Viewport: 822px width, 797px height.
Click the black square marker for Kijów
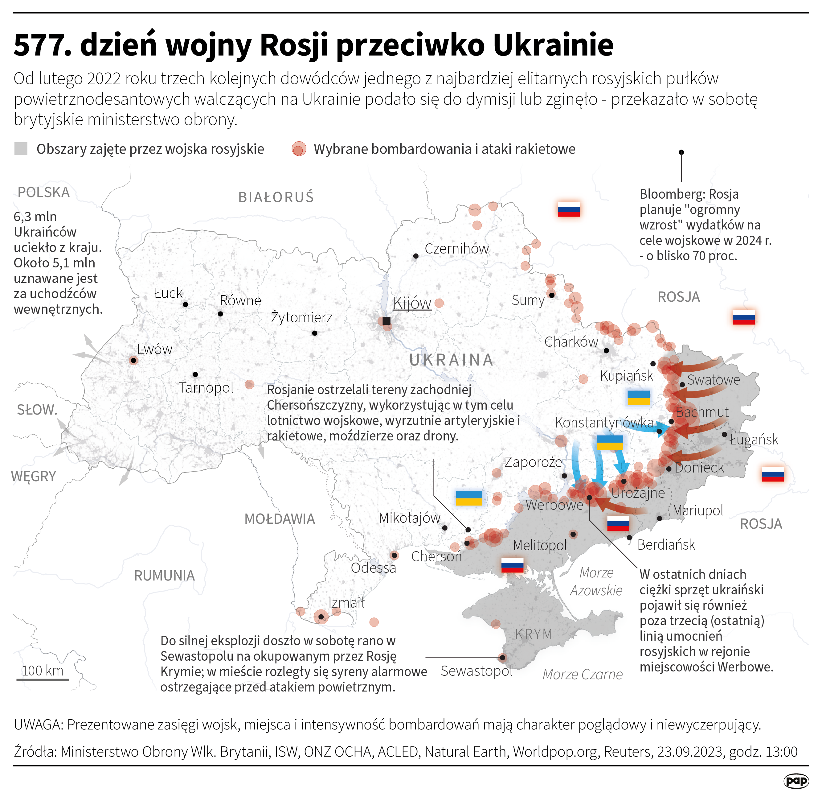pos(386,321)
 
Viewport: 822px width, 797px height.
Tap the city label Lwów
pos(154,349)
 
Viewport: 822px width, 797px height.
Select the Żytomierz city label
pos(301,317)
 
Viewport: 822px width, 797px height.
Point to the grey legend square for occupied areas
pos(21,149)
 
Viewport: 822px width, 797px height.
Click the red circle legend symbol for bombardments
pos(299,149)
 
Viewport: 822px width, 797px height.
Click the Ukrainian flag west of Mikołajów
pos(469,498)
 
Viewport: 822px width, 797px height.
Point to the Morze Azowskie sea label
pos(596,582)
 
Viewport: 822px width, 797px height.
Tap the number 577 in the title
pos(39,45)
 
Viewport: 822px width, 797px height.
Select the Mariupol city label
pos(698,511)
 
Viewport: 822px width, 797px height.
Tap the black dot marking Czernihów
pos(415,256)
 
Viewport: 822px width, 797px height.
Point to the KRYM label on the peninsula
pos(534,634)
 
